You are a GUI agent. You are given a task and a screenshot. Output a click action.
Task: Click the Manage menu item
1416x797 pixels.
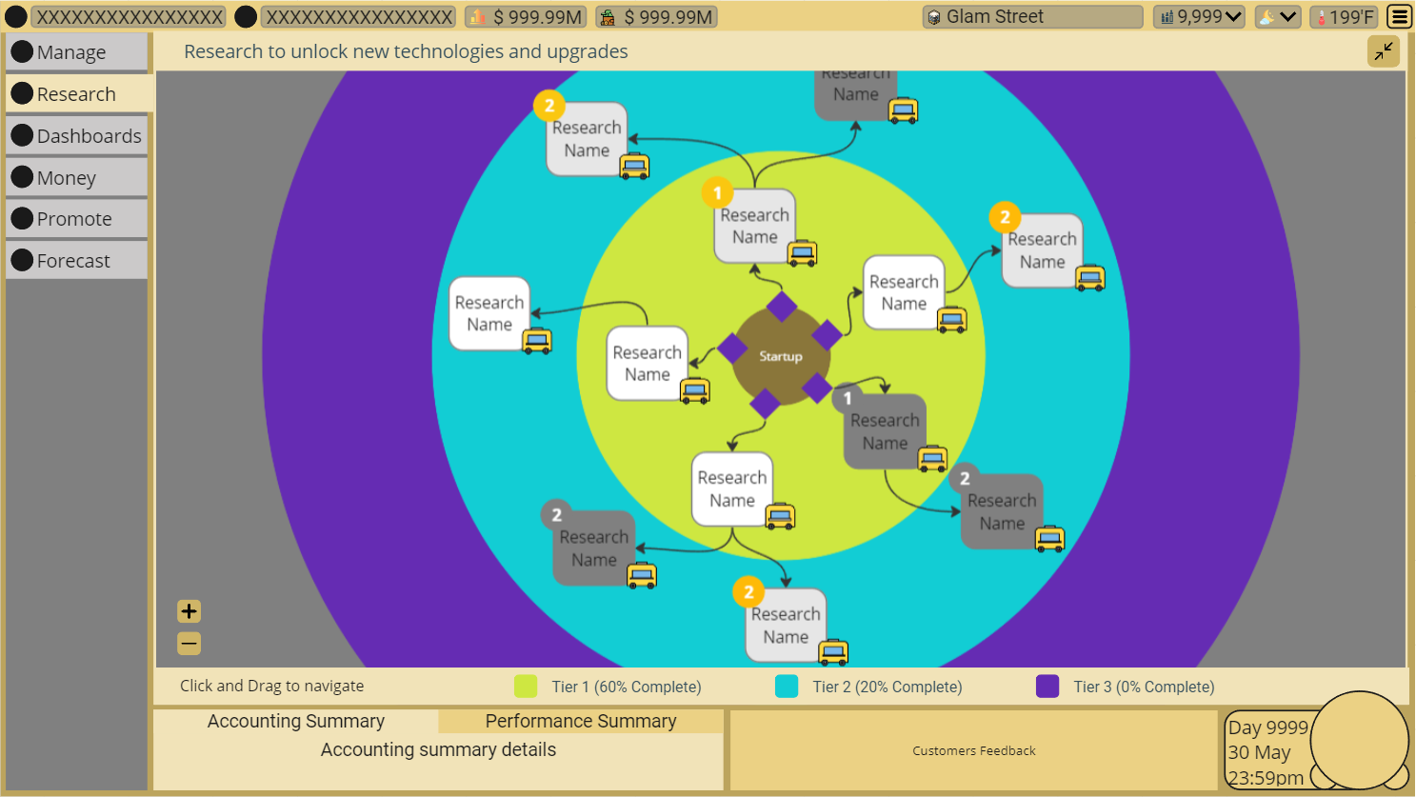pos(76,52)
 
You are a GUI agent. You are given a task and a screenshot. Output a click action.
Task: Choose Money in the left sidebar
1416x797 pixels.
pos(76,178)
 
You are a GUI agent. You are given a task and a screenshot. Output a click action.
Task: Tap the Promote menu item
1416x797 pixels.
pos(76,219)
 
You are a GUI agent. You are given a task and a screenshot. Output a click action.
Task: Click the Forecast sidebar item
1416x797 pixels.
pos(76,261)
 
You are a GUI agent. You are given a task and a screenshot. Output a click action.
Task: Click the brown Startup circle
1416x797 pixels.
pos(780,356)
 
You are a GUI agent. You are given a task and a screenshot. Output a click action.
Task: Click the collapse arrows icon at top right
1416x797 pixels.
pos(1384,51)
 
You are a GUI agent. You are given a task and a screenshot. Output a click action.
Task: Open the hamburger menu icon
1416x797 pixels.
pos(1399,17)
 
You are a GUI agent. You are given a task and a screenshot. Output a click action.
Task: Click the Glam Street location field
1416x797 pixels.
pos(1032,17)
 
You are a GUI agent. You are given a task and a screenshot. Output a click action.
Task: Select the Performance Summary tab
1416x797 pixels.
pos(581,721)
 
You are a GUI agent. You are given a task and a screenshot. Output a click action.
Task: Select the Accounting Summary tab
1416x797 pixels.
pos(296,721)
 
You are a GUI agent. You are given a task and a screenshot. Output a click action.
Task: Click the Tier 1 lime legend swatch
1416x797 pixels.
pos(526,687)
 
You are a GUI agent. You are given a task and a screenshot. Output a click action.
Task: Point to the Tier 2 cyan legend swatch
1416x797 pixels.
pos(787,687)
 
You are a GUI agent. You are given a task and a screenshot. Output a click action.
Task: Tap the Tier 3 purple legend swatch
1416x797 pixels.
pos(1047,687)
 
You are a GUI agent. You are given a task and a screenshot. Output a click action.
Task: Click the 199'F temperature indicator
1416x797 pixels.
pos(1344,17)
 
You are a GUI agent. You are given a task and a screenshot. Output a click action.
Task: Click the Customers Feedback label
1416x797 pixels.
pos(973,751)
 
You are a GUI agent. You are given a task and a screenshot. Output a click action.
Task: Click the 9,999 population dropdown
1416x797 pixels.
pos(1200,17)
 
